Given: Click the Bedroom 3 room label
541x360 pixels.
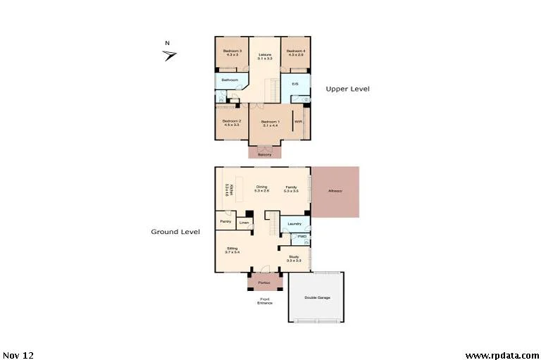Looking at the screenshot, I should point(232,51).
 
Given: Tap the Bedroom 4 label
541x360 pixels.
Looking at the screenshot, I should point(296,51).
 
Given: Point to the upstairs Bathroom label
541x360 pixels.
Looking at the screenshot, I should point(230,80).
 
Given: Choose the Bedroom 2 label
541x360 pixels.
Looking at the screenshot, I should point(232,121).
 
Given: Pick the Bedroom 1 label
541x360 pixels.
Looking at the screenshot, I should point(270,122).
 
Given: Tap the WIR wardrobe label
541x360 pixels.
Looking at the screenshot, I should point(298,122).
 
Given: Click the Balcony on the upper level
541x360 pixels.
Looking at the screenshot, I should point(265,154).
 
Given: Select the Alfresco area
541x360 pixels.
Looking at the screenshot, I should point(335,192).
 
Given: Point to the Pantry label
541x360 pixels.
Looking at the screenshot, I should point(225,221).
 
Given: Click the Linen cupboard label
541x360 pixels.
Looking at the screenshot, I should point(244,223).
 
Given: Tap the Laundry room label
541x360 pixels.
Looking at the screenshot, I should point(294,224).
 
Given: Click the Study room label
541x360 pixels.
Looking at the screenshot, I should point(294,258).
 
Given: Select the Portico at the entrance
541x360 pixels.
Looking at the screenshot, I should point(264,283).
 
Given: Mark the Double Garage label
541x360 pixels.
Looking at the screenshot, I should point(317,297).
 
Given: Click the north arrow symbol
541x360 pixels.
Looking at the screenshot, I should point(170,56).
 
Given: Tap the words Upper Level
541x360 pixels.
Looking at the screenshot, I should point(347,89).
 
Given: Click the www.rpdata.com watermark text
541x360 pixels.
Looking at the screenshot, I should point(501,355).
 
